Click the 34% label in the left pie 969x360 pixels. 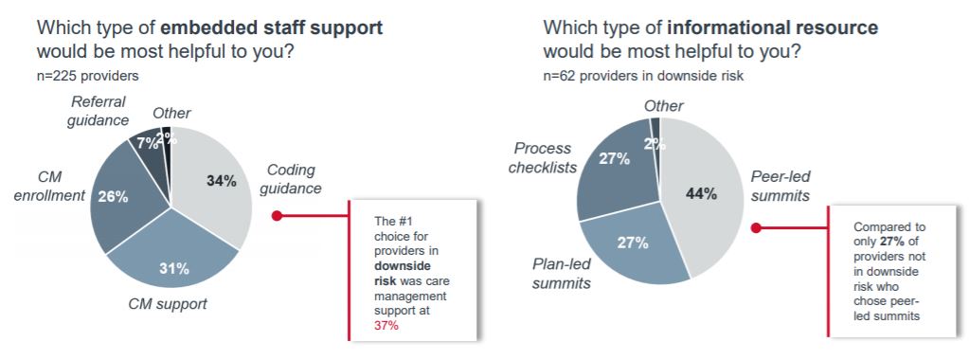(x=221, y=182)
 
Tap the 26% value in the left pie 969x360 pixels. (x=113, y=197)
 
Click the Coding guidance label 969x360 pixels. (x=291, y=179)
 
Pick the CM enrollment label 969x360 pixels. (x=50, y=187)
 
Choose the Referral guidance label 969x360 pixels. (x=98, y=112)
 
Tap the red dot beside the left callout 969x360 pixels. (x=277, y=216)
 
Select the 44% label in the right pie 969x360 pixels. (x=702, y=194)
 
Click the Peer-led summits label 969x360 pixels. (x=780, y=187)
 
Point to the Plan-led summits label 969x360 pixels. (x=562, y=274)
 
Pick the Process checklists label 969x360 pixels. (x=543, y=158)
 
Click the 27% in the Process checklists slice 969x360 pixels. (x=614, y=158)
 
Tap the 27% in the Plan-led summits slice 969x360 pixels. (x=633, y=243)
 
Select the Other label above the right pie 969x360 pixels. (x=664, y=106)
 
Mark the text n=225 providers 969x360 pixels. (x=88, y=76)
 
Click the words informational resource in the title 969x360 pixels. (x=773, y=27)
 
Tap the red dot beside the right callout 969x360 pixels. (x=756, y=227)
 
